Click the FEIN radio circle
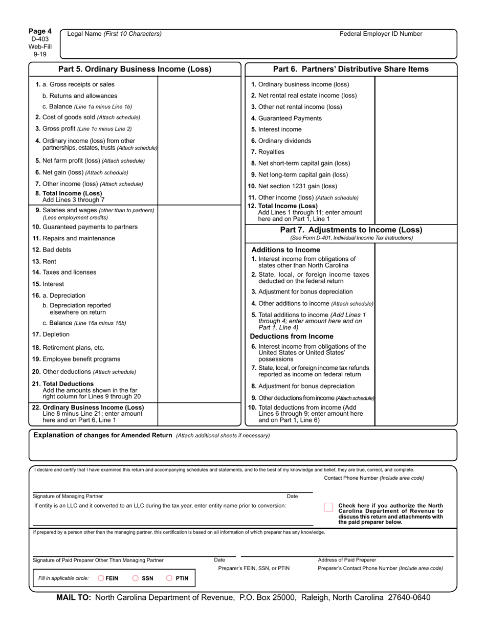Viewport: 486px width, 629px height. (101, 578)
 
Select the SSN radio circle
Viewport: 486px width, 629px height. (136, 578)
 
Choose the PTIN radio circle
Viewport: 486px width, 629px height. (169, 578)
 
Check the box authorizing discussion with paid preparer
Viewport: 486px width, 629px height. (328, 507)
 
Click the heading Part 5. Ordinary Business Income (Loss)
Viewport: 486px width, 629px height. (135, 69)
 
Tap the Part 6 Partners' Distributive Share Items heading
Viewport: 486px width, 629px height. (351, 69)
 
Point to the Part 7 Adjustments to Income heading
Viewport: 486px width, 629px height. (351, 230)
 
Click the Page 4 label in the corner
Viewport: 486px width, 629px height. (40, 31)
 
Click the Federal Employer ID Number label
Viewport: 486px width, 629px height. (381, 34)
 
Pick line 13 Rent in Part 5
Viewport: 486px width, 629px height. (45, 261)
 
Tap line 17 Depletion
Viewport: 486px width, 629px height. (51, 334)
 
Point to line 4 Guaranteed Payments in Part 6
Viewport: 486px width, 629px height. (286, 118)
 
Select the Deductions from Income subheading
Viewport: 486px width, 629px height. (291, 336)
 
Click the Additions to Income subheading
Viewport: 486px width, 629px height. (285, 250)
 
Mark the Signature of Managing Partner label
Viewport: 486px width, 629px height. (68, 496)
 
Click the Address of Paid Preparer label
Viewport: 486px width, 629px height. (347, 560)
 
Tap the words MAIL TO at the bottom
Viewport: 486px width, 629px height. (73, 597)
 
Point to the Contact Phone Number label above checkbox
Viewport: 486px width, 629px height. (373, 478)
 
